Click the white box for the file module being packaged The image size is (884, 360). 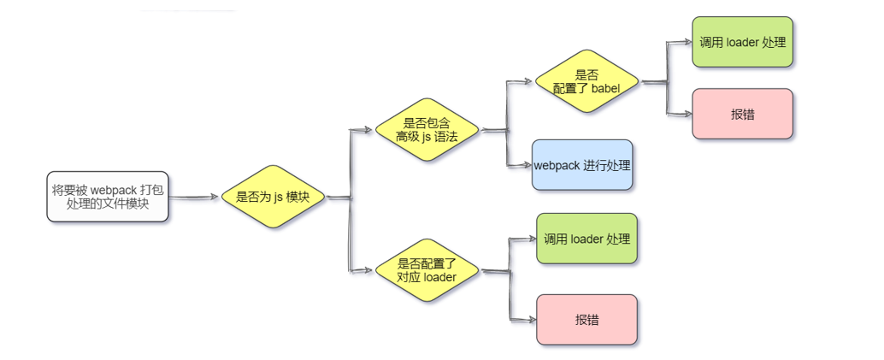[108, 197]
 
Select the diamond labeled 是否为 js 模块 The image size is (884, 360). [273, 197]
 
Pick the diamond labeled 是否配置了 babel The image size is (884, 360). [586, 81]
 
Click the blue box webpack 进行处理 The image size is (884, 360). [582, 165]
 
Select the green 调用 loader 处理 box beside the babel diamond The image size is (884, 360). [742, 42]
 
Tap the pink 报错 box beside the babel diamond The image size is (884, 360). [742, 114]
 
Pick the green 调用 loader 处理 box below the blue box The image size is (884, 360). [586, 239]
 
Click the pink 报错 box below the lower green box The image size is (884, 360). [586, 319]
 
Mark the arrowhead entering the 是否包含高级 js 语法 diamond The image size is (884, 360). [369, 130]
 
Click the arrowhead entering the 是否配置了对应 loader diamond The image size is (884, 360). [369, 271]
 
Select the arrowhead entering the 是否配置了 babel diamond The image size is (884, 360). [529, 82]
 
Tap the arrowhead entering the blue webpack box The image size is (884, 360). [526, 165]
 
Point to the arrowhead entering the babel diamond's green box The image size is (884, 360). [687, 42]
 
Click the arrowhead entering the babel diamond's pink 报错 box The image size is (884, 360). [687, 114]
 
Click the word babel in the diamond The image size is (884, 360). [616, 88]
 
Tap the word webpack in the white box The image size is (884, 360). [113, 190]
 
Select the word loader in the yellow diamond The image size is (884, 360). [439, 277]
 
